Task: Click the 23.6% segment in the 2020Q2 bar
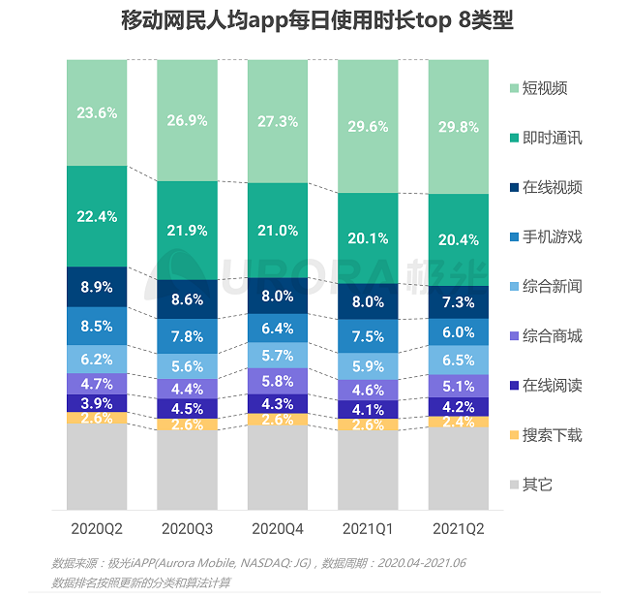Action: (x=97, y=112)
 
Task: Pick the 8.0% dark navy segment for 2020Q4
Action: (x=278, y=296)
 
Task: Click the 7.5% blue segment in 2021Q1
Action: (x=368, y=336)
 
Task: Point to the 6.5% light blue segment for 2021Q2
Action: (x=459, y=360)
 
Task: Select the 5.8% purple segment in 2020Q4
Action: (x=278, y=382)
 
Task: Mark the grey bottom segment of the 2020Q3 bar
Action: (x=187, y=470)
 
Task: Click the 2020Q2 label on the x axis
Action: (x=97, y=528)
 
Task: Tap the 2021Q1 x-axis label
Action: (x=368, y=528)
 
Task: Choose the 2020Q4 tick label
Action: (x=278, y=528)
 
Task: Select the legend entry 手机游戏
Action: (x=552, y=237)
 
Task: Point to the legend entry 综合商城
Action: (x=552, y=336)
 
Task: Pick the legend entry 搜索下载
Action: (x=552, y=435)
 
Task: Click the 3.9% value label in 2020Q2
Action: (x=97, y=402)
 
